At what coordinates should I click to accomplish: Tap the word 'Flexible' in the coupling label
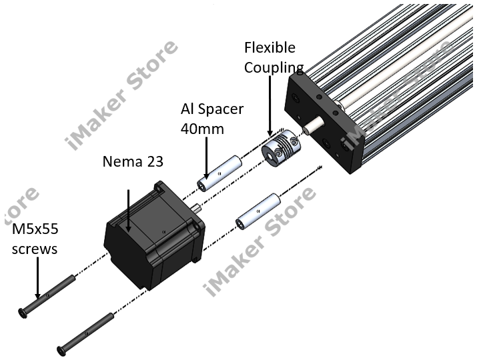pos(270,48)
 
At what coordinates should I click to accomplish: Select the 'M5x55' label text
pos(35,230)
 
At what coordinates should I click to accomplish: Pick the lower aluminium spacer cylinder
pos(260,209)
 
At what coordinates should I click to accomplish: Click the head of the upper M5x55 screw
pos(25,311)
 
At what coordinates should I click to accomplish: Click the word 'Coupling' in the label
pos(274,67)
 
